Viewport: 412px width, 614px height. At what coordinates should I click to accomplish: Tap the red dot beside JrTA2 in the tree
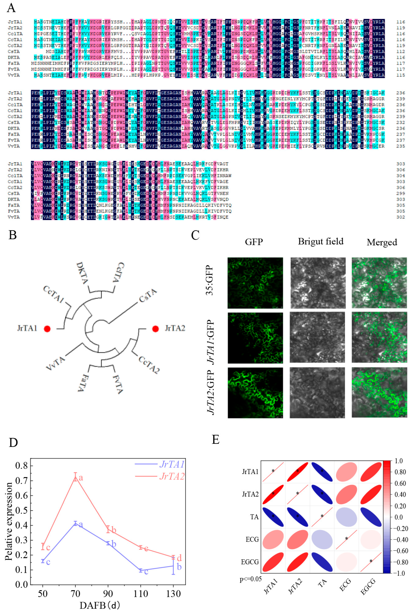point(155,329)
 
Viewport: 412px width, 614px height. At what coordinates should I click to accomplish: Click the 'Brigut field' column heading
point(321,241)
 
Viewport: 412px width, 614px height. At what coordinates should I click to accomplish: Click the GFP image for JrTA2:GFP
point(255,393)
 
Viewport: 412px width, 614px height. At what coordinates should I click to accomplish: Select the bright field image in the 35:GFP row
point(318,283)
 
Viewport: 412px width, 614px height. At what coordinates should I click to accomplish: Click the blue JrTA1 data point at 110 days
point(141,570)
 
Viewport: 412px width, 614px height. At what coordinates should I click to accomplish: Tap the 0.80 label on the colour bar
point(399,472)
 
